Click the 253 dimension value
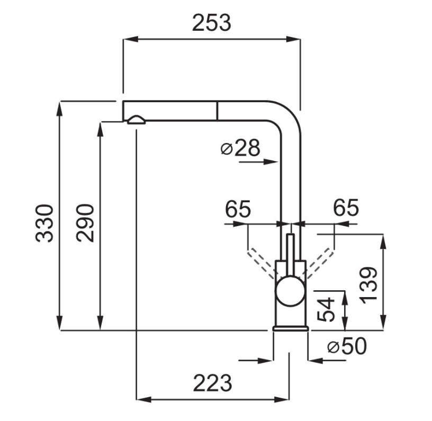[x=211, y=23]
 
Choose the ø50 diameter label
[x=347, y=347]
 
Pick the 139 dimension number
[x=369, y=284]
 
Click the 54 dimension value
[x=327, y=309]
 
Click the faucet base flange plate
[x=290, y=328]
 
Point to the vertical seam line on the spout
[x=216, y=110]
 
